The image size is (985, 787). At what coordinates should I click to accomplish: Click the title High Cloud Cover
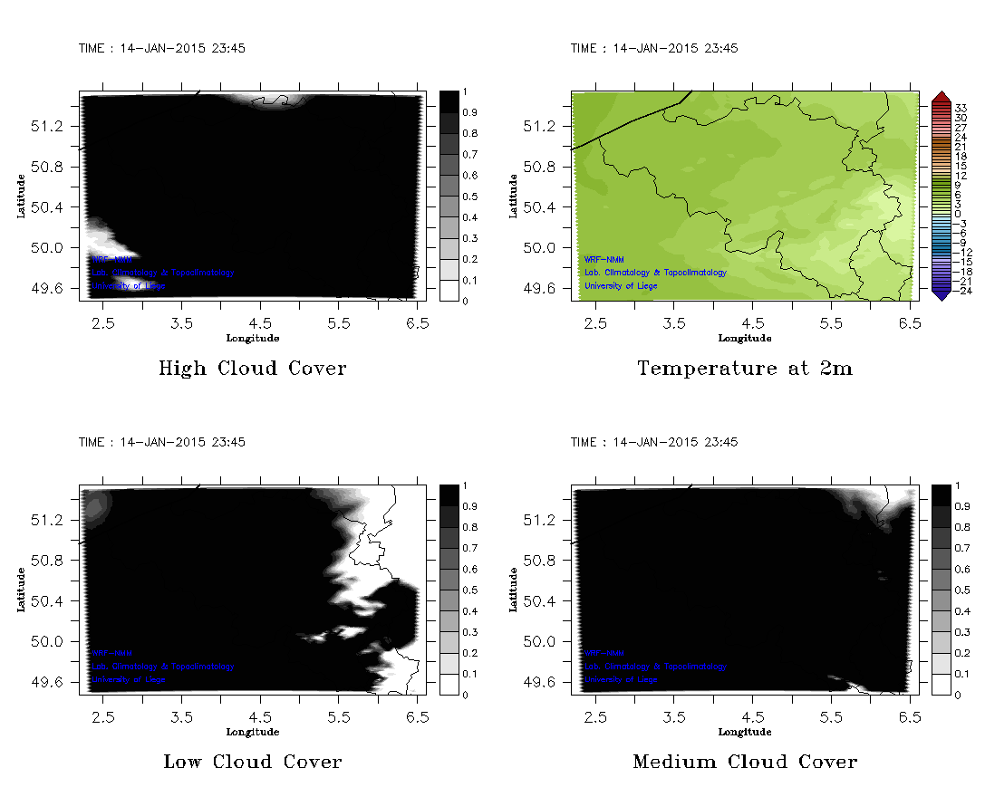252,369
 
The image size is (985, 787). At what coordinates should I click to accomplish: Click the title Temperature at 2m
745,369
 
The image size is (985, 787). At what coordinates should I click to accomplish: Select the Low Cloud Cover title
252,762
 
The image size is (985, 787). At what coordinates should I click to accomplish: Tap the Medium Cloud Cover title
745,762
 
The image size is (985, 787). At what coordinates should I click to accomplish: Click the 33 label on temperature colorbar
961,108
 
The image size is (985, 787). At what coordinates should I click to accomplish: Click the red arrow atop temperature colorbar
941,96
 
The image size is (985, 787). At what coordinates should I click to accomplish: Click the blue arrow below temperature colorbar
941,294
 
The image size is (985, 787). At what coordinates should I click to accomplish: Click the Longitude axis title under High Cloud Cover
252,338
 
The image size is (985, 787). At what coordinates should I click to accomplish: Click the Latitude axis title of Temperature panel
513,196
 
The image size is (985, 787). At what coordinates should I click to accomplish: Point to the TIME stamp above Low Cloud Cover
161,442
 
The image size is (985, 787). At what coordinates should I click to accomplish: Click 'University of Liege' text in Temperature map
621,286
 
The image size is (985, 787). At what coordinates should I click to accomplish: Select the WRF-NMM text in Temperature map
604,260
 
